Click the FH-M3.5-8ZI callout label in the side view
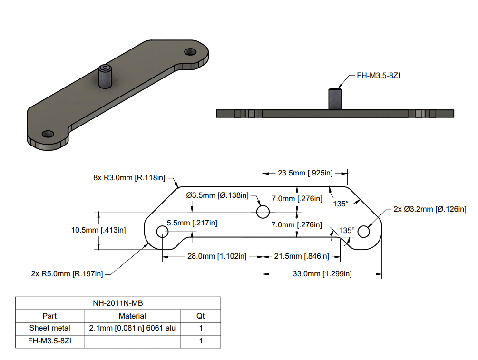point(378,75)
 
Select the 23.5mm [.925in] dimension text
point(305,173)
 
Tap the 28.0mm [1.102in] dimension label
point(216,256)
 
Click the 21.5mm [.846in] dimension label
point(302,256)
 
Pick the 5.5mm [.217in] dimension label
point(192,223)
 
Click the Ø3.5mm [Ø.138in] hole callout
point(217,195)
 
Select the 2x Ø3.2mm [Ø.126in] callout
point(430,209)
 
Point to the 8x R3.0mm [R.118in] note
point(129,178)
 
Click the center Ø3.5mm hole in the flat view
point(263,211)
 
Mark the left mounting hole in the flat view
point(163,232)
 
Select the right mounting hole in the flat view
point(364,232)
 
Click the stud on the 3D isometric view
point(105,76)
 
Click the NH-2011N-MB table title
point(118,303)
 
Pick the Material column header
point(132,316)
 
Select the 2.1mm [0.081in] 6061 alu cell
point(132,328)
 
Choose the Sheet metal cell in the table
point(49,328)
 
